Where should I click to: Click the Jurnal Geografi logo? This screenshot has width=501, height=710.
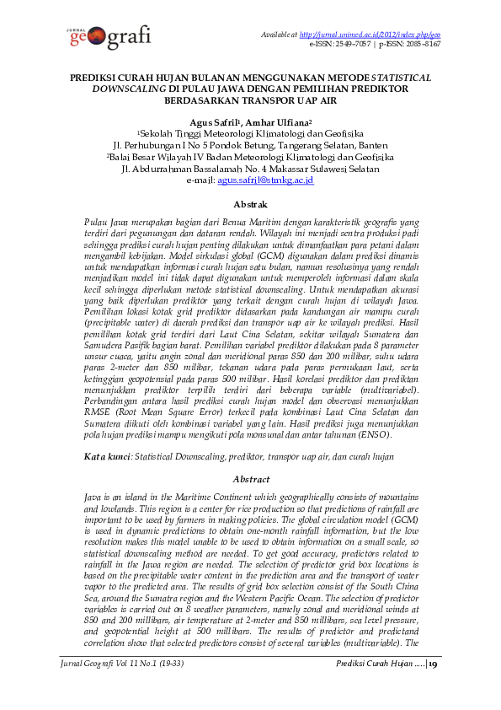[x=107, y=38]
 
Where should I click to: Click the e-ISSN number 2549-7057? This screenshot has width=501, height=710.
[x=348, y=43]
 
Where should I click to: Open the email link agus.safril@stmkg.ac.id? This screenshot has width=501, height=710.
[x=265, y=180]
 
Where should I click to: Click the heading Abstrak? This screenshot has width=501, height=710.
[x=250, y=204]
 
